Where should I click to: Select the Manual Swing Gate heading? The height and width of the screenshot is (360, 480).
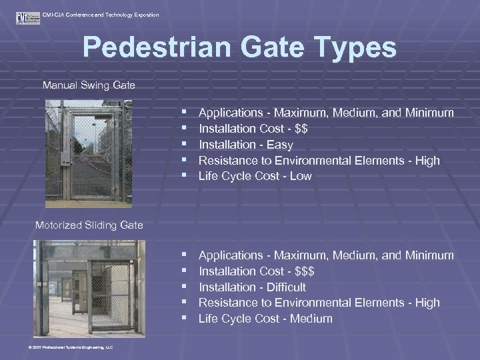pos(89,85)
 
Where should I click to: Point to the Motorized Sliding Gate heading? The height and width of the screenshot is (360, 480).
pos(89,225)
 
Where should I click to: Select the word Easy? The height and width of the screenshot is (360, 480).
pos(278,145)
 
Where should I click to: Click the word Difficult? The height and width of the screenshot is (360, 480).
pos(285,287)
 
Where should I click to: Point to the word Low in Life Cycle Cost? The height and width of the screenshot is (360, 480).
pos(301,177)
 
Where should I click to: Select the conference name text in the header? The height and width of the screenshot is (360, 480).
pos(100,14)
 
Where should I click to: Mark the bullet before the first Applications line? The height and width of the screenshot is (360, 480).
pos(183,113)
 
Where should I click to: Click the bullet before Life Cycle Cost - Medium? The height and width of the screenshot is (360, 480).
pos(183,319)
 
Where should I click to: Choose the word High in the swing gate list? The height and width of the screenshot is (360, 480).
pos(427,161)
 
